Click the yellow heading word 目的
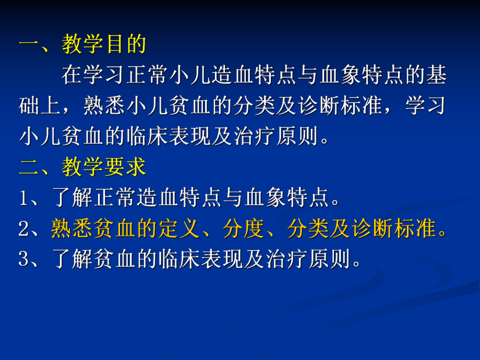point(126,45)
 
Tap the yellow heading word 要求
point(126,167)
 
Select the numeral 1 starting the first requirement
point(24,199)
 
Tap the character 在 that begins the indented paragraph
point(72,76)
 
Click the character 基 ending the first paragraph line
point(437,76)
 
